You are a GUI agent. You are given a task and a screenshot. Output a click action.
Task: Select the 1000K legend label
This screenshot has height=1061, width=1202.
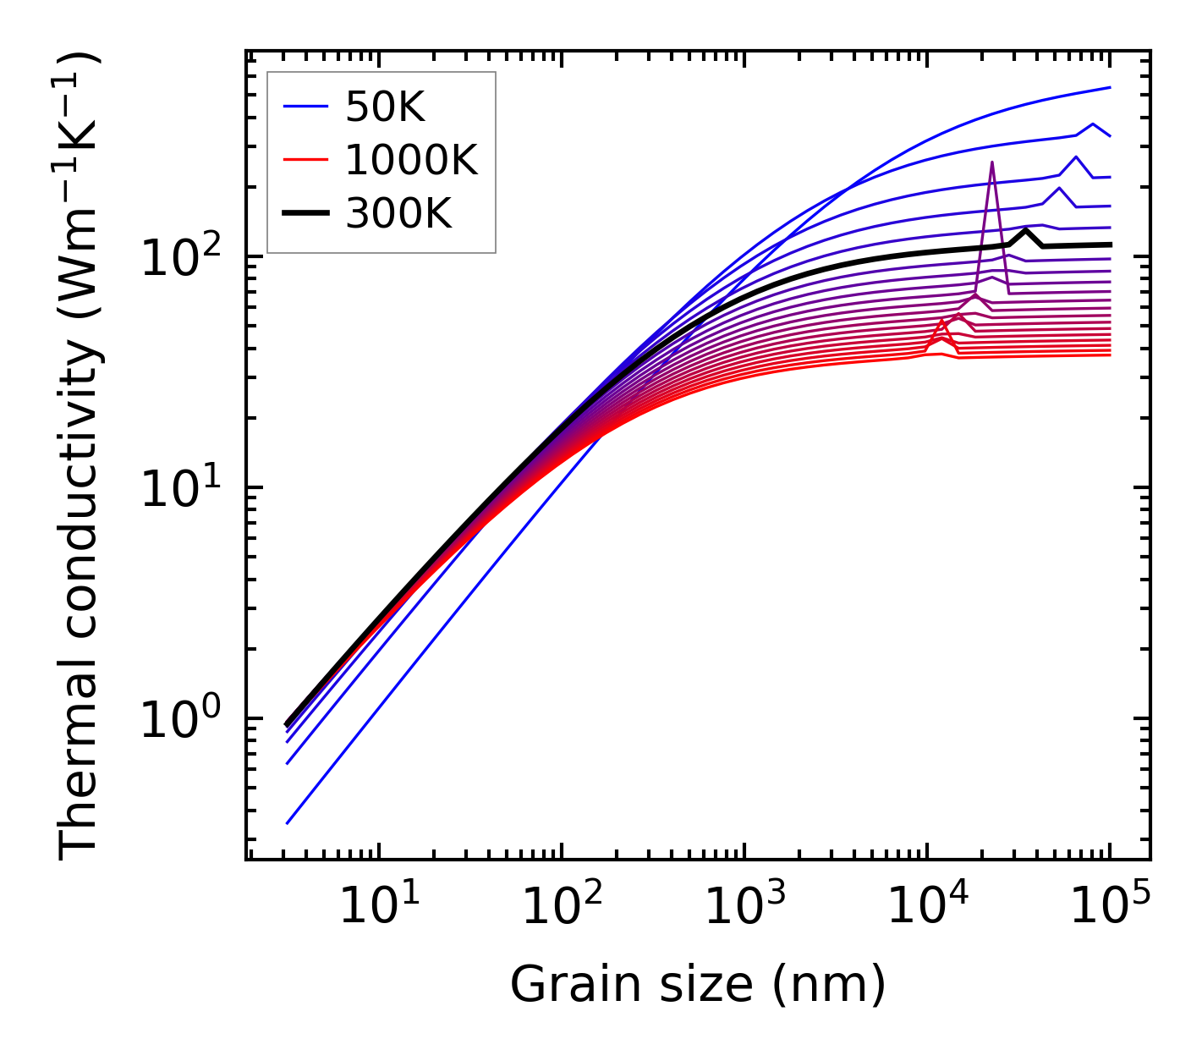(412, 160)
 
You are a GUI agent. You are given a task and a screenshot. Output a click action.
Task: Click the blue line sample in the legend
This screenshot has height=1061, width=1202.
(305, 107)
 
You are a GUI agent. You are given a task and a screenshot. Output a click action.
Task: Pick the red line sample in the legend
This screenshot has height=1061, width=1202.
(305, 160)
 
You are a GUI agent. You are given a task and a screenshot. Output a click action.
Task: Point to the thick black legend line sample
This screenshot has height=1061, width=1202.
(305, 214)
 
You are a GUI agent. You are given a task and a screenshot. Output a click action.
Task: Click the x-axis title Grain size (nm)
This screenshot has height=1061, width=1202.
(698, 984)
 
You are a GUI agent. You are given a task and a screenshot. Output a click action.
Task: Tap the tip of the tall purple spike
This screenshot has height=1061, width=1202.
(991, 162)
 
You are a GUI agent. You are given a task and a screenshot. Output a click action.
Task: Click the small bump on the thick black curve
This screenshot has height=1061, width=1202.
(1025, 230)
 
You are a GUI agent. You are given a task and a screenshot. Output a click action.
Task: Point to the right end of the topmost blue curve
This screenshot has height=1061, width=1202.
(1109, 87)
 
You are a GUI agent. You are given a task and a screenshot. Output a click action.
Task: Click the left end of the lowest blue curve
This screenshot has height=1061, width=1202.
(288, 822)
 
